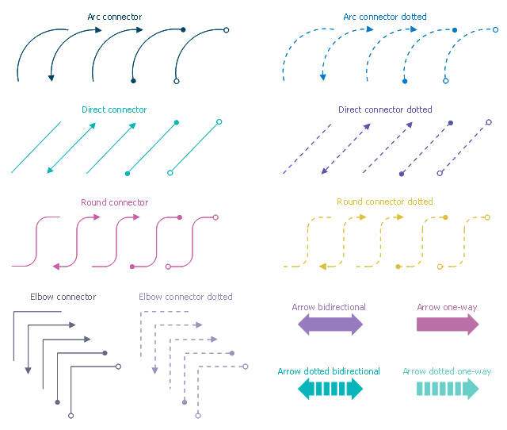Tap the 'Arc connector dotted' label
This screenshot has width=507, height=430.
click(384, 16)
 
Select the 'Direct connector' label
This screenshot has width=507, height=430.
click(114, 109)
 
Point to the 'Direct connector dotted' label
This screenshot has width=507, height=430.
click(385, 109)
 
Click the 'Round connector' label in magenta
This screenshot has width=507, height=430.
click(114, 202)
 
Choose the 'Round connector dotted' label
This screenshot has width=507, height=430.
click(385, 202)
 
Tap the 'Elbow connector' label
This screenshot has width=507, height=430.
click(63, 297)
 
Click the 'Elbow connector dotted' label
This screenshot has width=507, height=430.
click(185, 297)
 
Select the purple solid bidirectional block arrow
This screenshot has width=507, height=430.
click(330, 324)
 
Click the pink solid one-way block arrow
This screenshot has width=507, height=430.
click(448, 324)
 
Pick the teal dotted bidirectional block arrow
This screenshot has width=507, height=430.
click(330, 389)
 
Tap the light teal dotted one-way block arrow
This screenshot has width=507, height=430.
click(448, 389)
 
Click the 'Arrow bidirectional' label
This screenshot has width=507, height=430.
click(329, 307)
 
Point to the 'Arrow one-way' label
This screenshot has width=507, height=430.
click(447, 307)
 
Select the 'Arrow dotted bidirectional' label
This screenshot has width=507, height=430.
click(329, 371)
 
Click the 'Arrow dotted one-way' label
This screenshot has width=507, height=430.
click(447, 371)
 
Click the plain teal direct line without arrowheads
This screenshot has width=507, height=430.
click(36, 147)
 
